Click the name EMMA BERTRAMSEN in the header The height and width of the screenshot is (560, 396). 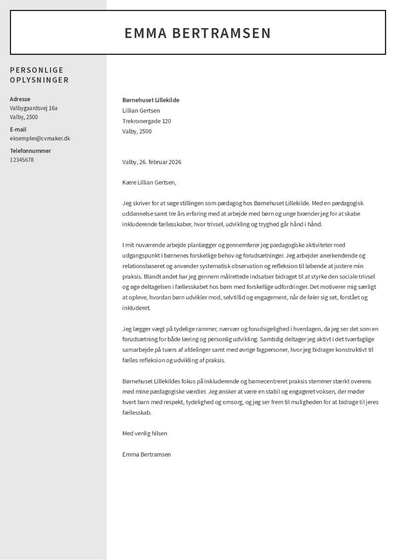[x=198, y=33]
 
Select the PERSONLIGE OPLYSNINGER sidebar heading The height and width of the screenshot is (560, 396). [x=40, y=75]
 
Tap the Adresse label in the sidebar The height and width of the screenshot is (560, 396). [x=20, y=99]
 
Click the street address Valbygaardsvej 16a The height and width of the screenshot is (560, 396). [x=34, y=108]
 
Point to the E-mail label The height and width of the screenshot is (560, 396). [x=18, y=129]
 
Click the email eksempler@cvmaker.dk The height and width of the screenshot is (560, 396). [x=40, y=139]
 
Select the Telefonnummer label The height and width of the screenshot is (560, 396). [x=30, y=150]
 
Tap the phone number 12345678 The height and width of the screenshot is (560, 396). [x=22, y=160]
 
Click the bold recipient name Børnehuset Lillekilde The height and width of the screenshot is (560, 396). [x=150, y=100]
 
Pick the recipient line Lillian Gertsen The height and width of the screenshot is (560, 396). [x=141, y=110]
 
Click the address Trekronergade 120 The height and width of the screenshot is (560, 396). [x=147, y=121]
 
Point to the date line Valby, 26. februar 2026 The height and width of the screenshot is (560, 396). [x=152, y=162]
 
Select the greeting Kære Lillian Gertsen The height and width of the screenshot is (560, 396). [x=149, y=182]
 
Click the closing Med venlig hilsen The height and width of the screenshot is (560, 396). [x=145, y=433]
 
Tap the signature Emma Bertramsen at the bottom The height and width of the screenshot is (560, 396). [x=147, y=454]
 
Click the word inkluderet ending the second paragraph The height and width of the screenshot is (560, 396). [x=136, y=308]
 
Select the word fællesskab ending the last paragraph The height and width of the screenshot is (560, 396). [x=137, y=412]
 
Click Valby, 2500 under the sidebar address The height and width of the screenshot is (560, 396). [x=24, y=117]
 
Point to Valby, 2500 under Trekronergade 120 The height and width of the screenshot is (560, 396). [x=137, y=131]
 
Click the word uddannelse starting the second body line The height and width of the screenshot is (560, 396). [x=138, y=213]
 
